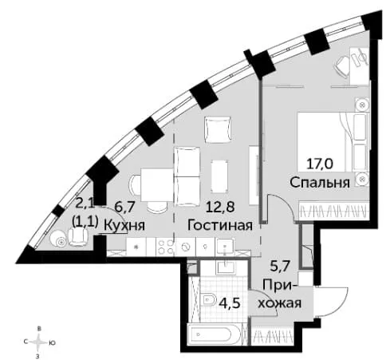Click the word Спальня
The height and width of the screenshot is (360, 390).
click(x=320, y=183)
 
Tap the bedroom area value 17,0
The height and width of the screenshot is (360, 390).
click(x=320, y=164)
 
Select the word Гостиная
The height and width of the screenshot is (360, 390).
click(x=220, y=225)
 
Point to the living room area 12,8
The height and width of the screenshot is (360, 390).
click(x=220, y=207)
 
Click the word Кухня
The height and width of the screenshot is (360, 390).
click(x=124, y=225)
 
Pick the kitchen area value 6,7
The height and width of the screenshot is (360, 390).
click(x=125, y=207)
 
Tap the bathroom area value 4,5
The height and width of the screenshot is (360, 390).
click(x=230, y=303)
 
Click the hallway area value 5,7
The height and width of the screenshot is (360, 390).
click(x=280, y=266)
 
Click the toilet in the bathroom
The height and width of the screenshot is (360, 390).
click(x=209, y=301)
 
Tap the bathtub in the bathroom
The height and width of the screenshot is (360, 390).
click(x=215, y=334)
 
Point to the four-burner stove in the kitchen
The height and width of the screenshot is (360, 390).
click(x=165, y=247)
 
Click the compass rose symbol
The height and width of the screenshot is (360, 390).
click(x=39, y=342)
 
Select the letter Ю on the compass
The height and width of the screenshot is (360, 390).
click(x=53, y=343)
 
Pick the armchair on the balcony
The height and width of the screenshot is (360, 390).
click(x=78, y=236)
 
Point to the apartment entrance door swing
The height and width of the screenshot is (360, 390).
click(x=332, y=302)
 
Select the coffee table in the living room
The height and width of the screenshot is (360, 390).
click(x=219, y=176)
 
